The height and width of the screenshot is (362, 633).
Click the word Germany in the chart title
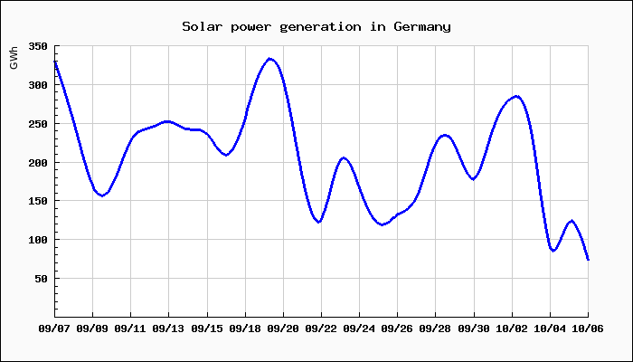coord(422,26)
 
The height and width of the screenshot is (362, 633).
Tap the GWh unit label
coord(14,58)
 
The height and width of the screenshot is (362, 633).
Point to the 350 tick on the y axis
coord(37,46)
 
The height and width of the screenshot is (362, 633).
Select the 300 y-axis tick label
coord(37,85)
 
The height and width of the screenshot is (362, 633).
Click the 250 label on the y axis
coord(37,124)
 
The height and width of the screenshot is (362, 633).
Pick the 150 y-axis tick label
coord(37,201)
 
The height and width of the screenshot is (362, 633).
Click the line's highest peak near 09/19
coord(269,59)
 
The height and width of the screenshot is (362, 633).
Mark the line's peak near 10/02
coord(516,96)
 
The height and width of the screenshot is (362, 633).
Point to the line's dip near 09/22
coord(319,222)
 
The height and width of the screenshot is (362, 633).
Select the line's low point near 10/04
coord(553,251)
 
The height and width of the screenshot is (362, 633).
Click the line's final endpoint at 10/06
coord(588,260)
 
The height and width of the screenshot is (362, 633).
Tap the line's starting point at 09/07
coord(55,62)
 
